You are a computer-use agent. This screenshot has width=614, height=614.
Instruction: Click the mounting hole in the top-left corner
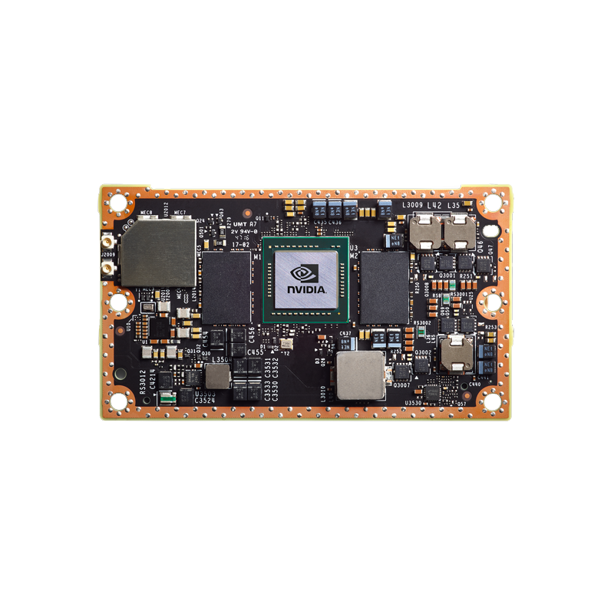(117, 203)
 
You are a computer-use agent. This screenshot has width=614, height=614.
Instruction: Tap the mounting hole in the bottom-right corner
(492, 400)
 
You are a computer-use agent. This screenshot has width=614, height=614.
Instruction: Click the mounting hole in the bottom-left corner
(117, 400)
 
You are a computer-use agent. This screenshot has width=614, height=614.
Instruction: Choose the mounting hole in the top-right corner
(492, 203)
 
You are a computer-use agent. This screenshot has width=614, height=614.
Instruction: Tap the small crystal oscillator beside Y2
(286, 345)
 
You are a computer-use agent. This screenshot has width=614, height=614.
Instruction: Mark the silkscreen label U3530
(413, 404)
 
